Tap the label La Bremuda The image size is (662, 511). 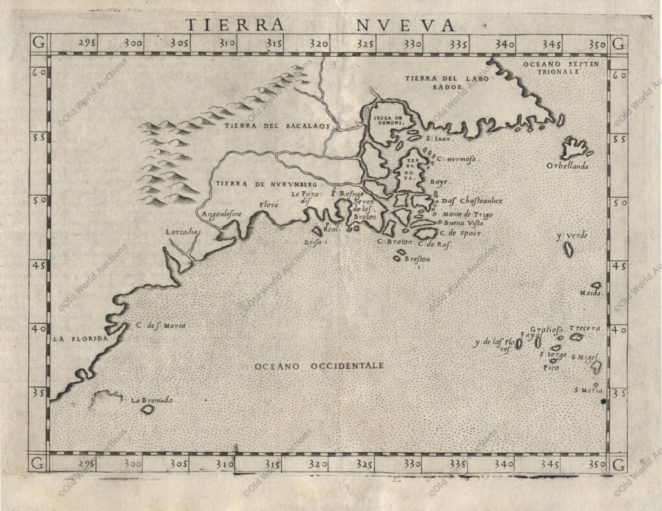click(x=153, y=401)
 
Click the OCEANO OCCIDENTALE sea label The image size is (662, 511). click(x=319, y=366)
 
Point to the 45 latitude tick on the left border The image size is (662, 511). click(x=38, y=265)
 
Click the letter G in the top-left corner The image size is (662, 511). click(x=38, y=44)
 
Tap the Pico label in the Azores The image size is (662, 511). click(x=551, y=367)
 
